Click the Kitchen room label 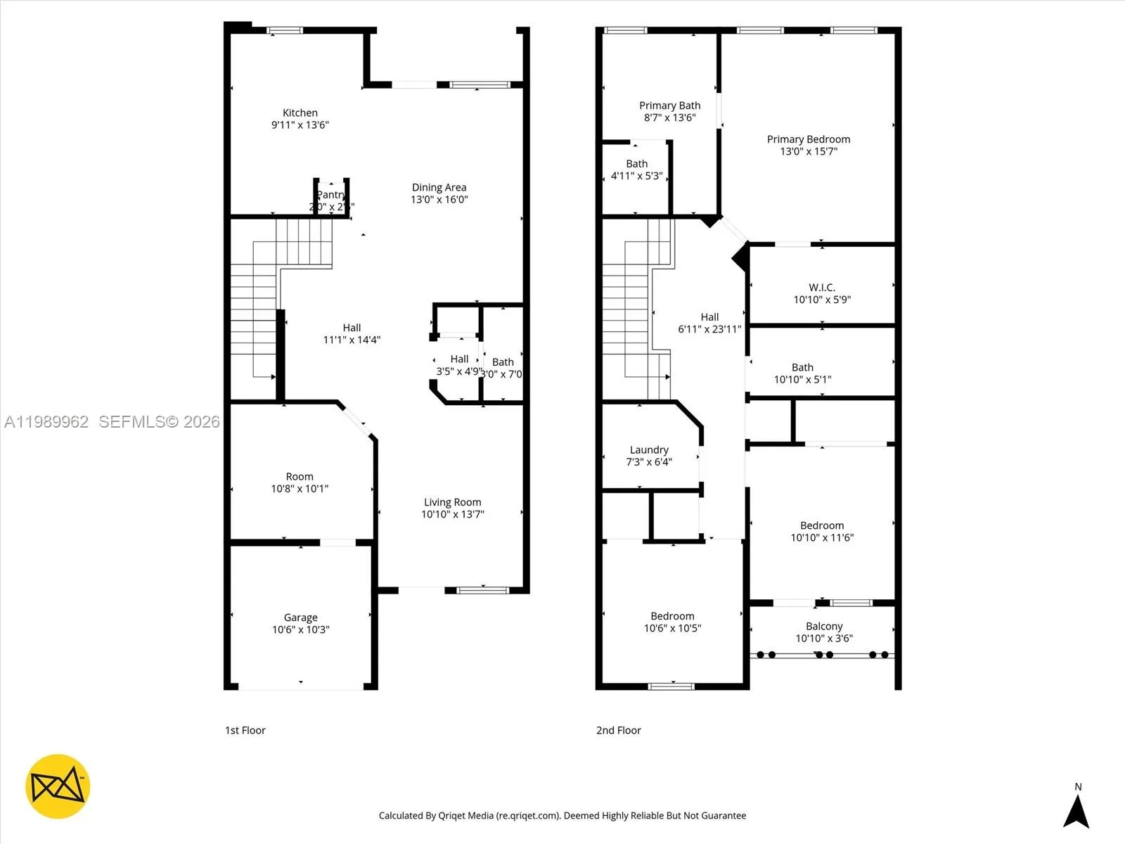[x=300, y=113]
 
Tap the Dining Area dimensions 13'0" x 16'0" [x=439, y=200]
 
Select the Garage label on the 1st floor [x=300, y=618]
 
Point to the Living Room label [x=452, y=502]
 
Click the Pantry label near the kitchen [x=331, y=195]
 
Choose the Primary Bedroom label [x=809, y=139]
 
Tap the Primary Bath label [x=669, y=105]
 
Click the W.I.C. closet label [x=821, y=287]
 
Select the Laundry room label [x=648, y=450]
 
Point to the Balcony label [x=823, y=626]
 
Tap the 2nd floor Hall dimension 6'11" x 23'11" [x=709, y=329]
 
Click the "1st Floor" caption [x=245, y=730]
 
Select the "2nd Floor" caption [x=618, y=730]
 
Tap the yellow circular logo [x=58, y=786]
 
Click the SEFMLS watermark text [x=159, y=422]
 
